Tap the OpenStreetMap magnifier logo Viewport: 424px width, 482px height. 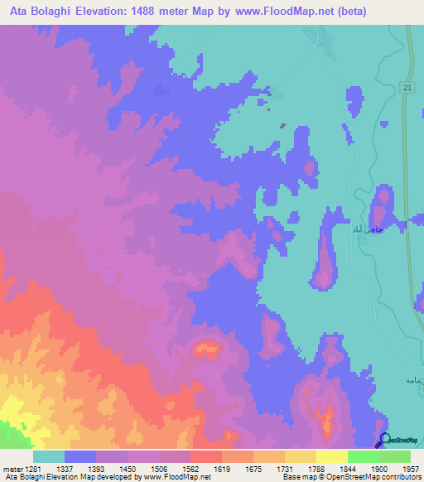point(385,440)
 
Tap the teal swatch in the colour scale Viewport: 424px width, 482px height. point(49,455)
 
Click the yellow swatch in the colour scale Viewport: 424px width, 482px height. point(331,455)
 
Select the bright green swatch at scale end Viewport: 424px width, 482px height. point(394,455)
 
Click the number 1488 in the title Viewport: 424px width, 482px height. point(150,12)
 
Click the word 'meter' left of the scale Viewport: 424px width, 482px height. point(12,468)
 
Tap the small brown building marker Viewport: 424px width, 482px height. point(282,126)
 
